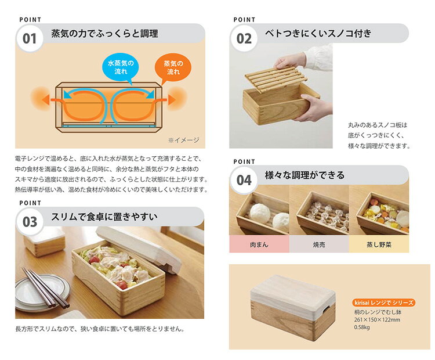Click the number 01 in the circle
[30, 38]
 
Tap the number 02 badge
[244, 38]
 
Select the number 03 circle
[30, 222]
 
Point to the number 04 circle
[244, 180]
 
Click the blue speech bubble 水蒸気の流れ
[121, 67]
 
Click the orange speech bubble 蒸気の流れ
[173, 67]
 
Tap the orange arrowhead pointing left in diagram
[45, 99]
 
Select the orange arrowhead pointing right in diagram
[172, 99]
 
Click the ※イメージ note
[184, 140]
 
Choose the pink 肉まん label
[259, 244]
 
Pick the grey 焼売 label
[319, 244]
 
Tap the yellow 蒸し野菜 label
[379, 244]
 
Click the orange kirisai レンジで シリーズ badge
[384, 303]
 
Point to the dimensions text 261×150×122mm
[377, 320]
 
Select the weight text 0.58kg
[362, 327]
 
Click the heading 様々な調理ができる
[304, 175]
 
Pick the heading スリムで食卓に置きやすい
[104, 217]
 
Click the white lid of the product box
[293, 294]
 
